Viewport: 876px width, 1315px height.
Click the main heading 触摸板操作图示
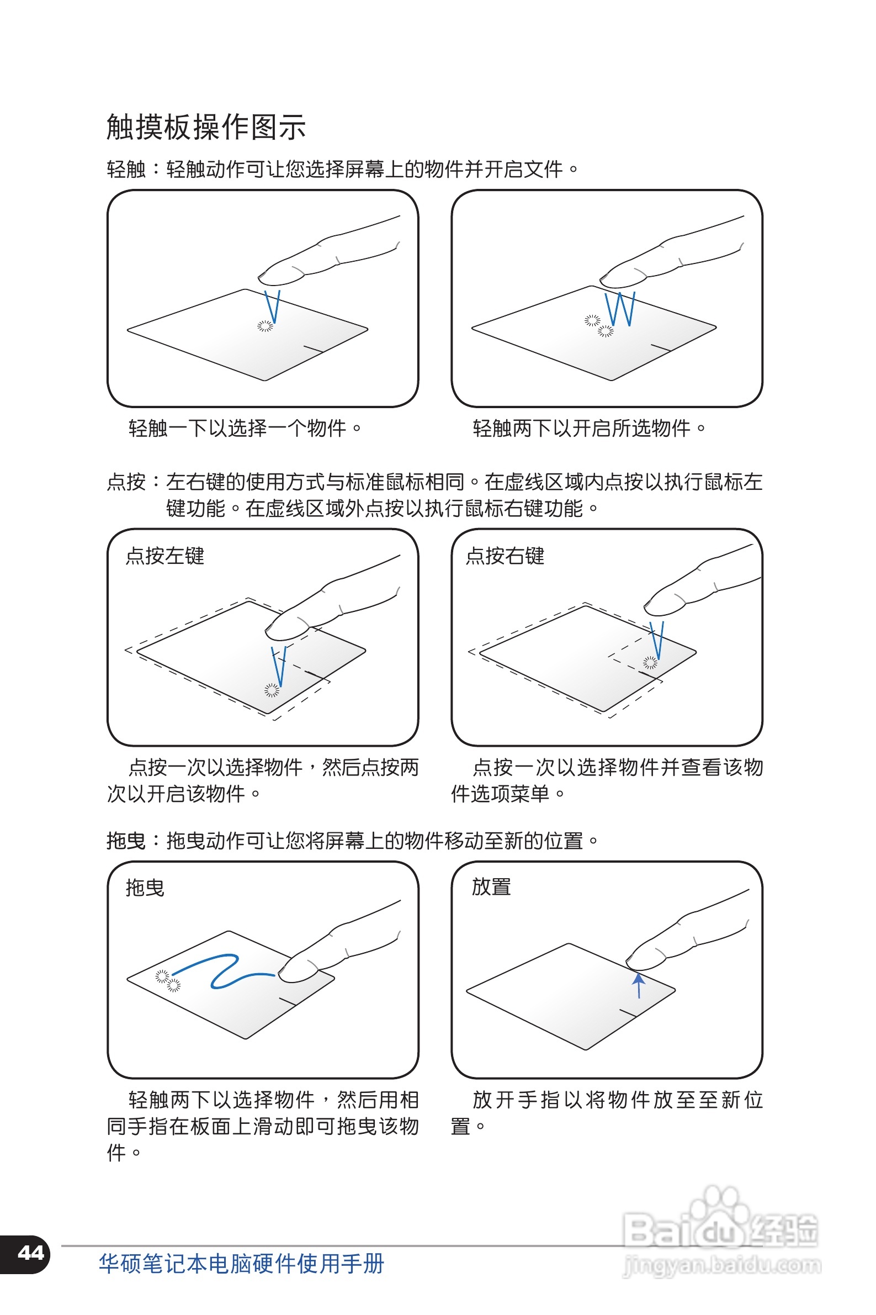(205, 127)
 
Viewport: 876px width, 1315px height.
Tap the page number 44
(31, 1253)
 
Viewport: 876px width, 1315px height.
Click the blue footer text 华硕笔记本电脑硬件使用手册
(241, 1264)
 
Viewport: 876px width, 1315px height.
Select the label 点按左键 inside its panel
(165, 556)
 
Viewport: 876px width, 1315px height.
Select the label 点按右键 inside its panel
(505, 556)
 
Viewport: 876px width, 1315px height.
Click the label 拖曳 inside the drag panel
(145, 888)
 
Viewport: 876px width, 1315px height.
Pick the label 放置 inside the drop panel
(491, 887)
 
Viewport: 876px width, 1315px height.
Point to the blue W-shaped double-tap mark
(620, 309)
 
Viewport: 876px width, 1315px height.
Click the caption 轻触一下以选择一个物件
(245, 428)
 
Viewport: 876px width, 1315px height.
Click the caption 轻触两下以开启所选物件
(589, 428)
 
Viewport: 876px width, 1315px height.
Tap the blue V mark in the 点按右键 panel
(657, 640)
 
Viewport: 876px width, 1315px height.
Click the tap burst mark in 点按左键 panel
(272, 690)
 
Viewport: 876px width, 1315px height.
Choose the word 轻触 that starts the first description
(126, 169)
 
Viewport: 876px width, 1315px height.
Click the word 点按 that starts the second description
(126, 482)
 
